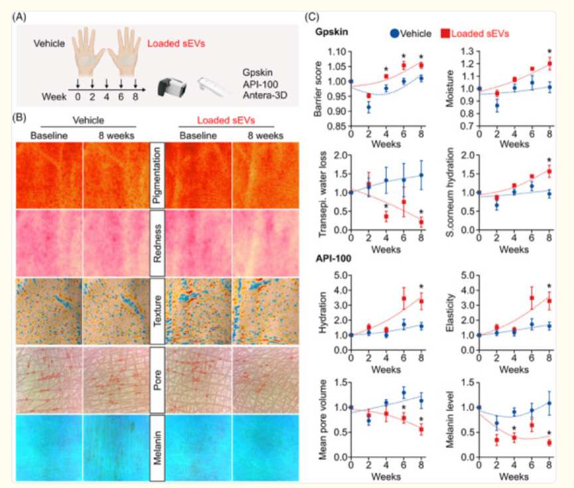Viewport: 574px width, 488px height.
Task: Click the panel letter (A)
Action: click(19, 17)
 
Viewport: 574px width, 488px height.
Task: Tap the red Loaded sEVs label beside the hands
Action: click(176, 44)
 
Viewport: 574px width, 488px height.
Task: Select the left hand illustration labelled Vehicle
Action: click(88, 52)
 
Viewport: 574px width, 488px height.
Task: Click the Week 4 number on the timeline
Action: click(107, 97)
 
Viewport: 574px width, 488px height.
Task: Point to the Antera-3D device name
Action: click(265, 96)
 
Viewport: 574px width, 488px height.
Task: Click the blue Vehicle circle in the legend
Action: click(394, 34)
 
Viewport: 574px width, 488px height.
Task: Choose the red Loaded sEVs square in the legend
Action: click(445, 34)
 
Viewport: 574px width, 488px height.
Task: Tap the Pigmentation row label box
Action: click(157, 175)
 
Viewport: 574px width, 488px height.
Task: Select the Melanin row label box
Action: click(157, 447)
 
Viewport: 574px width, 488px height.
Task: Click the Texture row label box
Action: click(157, 311)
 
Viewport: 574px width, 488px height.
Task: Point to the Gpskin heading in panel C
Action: click(332, 33)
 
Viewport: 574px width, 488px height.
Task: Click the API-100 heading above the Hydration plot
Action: click(334, 259)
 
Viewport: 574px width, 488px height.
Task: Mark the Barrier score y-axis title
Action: click(318, 89)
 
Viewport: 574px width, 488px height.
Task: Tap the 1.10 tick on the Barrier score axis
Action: click(337, 52)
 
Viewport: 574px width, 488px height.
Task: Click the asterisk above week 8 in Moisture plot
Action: click(549, 52)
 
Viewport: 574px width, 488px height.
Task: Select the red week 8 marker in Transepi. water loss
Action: click(421, 222)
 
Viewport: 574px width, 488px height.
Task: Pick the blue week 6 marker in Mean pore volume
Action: click(403, 393)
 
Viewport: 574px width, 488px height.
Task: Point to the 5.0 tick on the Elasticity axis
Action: click(466, 275)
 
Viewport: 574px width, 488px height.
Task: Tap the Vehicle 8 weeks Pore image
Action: click(116, 380)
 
